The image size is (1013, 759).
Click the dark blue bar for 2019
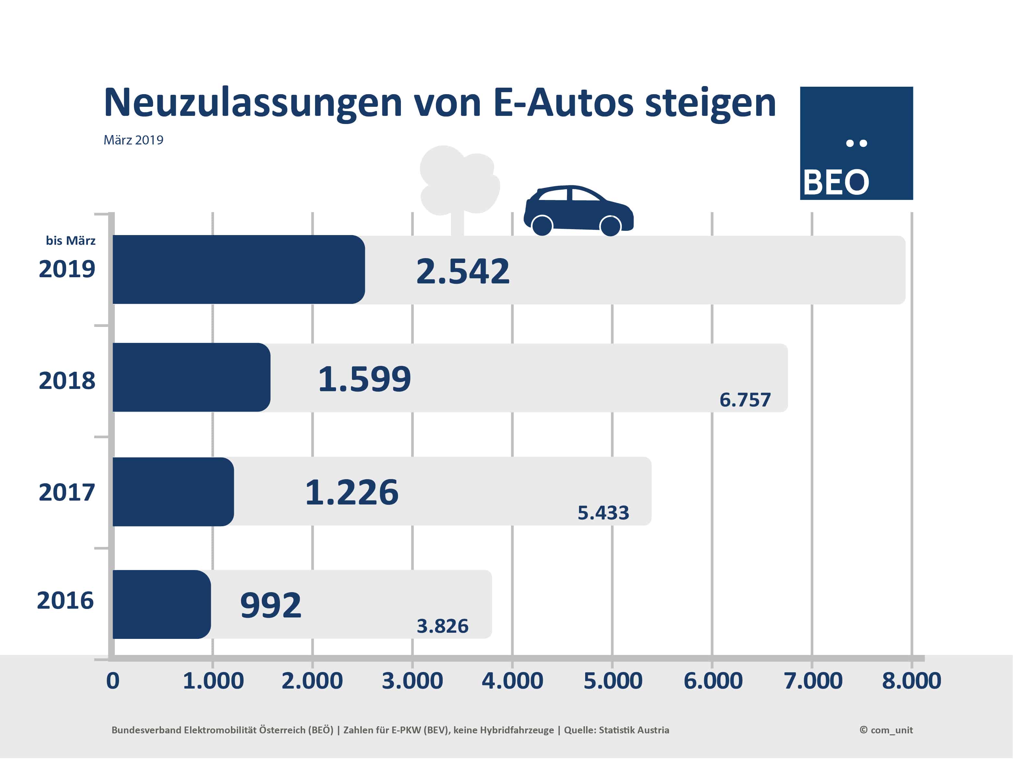[238, 269]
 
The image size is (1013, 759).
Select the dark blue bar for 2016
[161, 604]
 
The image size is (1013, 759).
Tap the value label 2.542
[463, 271]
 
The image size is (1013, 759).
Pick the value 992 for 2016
[271, 605]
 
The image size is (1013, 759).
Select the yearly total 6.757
[745, 400]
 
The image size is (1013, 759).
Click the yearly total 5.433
[603, 513]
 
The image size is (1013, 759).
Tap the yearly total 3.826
[442, 626]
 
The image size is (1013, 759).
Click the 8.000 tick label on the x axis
[911, 681]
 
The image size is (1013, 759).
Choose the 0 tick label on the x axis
[113, 681]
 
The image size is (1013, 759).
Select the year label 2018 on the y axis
[67, 380]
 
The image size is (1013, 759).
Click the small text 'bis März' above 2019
[70, 241]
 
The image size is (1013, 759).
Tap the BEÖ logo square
[856, 143]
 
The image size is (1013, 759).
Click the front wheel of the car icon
[610, 226]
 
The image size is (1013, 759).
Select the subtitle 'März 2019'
[133, 140]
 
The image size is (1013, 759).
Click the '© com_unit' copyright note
[886, 730]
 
